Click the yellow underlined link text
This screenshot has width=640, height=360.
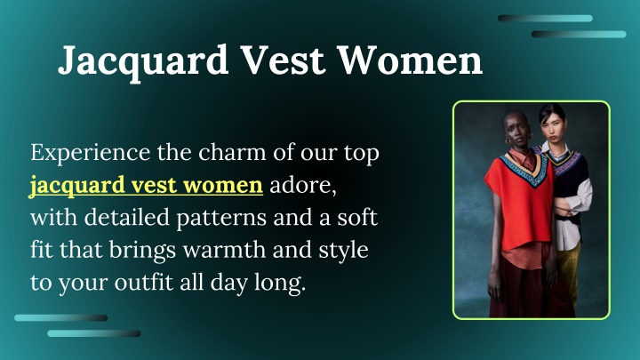tap(146, 186)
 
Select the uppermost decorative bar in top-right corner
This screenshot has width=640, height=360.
tap(544, 18)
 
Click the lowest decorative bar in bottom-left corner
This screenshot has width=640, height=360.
tap(93, 333)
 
